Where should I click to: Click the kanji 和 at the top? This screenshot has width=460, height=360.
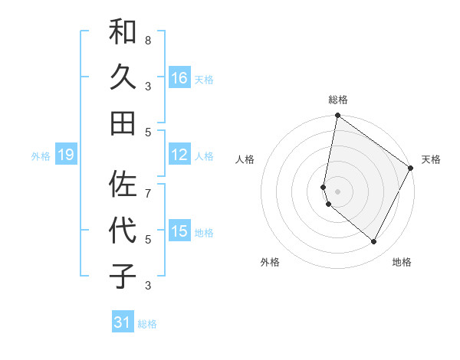click(123, 32)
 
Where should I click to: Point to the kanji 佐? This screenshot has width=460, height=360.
click(123, 185)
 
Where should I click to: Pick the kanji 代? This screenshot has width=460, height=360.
click(123, 231)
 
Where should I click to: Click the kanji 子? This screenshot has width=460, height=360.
click(123, 276)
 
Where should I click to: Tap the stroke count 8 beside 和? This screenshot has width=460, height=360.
click(148, 40)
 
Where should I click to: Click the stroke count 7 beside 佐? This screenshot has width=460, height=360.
click(148, 185)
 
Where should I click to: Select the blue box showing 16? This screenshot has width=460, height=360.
click(179, 77)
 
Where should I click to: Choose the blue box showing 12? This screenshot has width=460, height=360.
click(179, 155)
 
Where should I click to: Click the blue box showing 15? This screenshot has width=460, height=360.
click(179, 231)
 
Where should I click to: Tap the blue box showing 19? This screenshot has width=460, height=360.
click(65, 155)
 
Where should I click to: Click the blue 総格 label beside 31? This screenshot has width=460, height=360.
click(148, 324)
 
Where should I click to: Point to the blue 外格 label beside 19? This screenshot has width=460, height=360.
click(41, 155)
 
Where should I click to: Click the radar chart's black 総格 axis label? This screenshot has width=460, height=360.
click(338, 100)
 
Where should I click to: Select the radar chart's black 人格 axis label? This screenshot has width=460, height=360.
click(245, 159)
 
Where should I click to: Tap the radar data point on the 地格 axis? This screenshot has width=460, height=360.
click(374, 242)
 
